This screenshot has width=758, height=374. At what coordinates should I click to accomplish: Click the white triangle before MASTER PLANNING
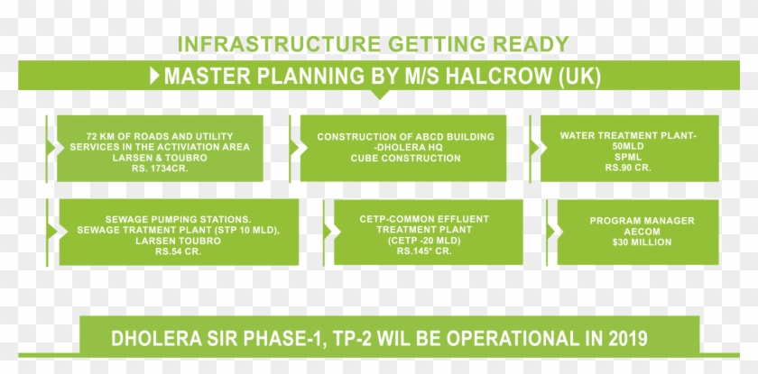pyautogui.click(x=154, y=76)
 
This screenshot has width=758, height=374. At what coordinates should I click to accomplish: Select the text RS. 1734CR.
pyautogui.click(x=160, y=169)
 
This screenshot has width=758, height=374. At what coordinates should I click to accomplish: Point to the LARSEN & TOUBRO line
pyautogui.click(x=160, y=158)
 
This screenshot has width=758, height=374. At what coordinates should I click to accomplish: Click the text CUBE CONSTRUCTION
pyautogui.click(x=405, y=159)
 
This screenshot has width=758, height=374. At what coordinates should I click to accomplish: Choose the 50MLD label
pyautogui.click(x=628, y=146)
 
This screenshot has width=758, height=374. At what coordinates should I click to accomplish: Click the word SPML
pyautogui.click(x=628, y=157)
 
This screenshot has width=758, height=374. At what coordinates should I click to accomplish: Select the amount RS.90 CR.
pyautogui.click(x=628, y=168)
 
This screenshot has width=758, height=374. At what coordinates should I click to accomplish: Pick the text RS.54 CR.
pyautogui.click(x=179, y=251)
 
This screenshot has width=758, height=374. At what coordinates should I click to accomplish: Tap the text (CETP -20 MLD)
pyautogui.click(x=424, y=241)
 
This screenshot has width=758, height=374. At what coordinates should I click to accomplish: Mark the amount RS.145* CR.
pyautogui.click(x=424, y=251)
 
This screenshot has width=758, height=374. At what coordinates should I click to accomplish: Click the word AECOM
pyautogui.click(x=642, y=232)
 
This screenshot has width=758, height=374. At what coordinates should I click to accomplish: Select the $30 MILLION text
pyautogui.click(x=642, y=242)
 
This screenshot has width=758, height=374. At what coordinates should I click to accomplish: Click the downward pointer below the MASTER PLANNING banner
pyautogui.click(x=380, y=95)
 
